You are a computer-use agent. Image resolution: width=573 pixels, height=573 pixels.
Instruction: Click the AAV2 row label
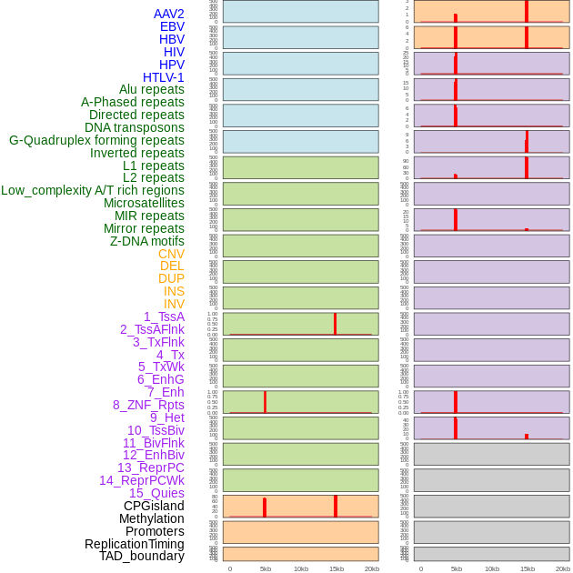pos(168,14)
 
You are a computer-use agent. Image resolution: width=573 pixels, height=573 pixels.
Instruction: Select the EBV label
pos(172,26)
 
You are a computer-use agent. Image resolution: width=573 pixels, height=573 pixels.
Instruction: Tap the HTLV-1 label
pos(163,77)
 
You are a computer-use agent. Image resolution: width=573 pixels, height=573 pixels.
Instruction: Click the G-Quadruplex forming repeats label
pos(96,140)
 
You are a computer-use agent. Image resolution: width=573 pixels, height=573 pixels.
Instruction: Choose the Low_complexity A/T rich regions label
pos(93,190)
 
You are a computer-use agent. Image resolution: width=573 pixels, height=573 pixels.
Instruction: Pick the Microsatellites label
pos(144,203)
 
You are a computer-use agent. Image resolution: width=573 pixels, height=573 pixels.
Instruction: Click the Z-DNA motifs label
pos(147,241)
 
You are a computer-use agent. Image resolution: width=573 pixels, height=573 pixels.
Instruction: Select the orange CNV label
pos(171,254)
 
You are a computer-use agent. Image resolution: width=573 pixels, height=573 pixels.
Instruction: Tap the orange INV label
pos(174,304)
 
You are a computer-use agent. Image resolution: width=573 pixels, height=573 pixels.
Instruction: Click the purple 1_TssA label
pos(164,317)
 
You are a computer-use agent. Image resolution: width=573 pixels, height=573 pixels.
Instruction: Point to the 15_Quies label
pos(156,493)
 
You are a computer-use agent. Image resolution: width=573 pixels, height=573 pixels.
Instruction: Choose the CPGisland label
pos(154,506)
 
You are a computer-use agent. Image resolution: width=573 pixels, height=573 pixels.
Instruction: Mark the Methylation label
pos(152,518)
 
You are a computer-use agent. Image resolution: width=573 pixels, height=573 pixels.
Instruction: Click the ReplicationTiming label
pos(135,544)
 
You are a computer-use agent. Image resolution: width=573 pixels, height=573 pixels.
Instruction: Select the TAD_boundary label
pos(142,556)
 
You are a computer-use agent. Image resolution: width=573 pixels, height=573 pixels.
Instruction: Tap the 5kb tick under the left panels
pos(265,568)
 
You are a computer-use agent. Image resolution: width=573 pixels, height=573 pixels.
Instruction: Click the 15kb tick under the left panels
pos(336,568)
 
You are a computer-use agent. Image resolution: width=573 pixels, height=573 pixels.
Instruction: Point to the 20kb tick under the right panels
pos(562,568)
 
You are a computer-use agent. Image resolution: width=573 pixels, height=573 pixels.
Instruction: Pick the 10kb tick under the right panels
pos(491,568)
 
